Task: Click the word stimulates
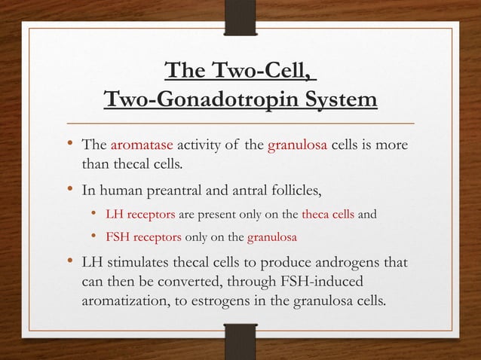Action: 138,266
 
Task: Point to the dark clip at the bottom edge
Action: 240,340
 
